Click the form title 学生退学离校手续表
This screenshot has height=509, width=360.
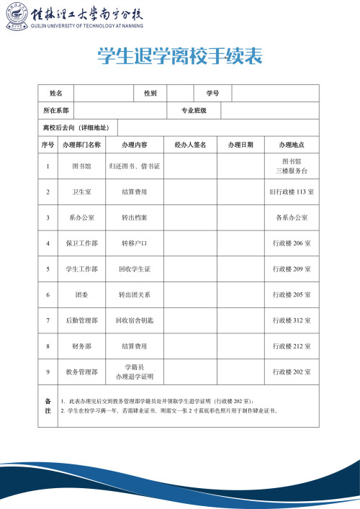pos(179,56)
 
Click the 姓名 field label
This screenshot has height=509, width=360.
pos(56,94)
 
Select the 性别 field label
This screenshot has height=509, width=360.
pos(150,94)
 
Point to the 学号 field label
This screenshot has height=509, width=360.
pos(212,94)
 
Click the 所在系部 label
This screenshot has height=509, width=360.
pos(56,111)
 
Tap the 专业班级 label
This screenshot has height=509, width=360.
pos(194,111)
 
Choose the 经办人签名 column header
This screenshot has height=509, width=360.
pos(190,145)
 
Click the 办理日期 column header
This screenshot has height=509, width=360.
pos(240,145)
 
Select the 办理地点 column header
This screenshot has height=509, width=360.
pos(292,145)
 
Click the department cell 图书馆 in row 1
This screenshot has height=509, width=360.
pos(81,166)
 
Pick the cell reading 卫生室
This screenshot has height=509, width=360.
pos(81,192)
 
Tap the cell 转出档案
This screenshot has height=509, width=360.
pos(134,217)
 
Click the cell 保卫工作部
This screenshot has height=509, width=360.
pos(81,243)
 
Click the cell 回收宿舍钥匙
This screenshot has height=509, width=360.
pos(134,320)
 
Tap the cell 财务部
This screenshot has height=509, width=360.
pos(81,346)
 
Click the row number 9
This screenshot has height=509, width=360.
pos(48,372)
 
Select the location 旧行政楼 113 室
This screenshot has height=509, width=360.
pos(292,192)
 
